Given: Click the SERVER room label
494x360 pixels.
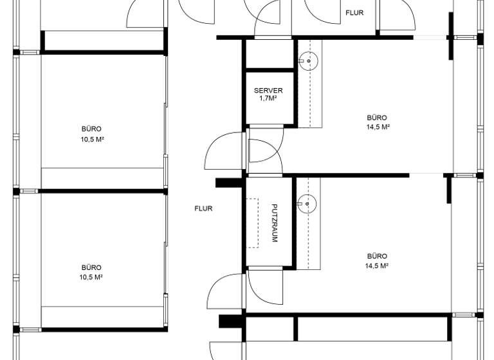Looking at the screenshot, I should [268, 91].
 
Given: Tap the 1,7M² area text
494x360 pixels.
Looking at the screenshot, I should [268, 99].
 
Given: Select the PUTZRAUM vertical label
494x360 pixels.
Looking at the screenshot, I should [275, 223].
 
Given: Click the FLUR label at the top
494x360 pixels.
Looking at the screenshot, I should [355, 13].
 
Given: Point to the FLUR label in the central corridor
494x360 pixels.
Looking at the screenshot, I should [203, 208].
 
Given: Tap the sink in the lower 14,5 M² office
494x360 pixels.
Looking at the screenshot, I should [307, 204].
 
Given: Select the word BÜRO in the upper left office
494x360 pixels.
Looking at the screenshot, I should [91, 129].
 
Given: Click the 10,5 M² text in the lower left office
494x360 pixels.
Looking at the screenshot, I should [91, 277].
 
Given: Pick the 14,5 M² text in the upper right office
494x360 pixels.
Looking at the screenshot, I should [377, 127].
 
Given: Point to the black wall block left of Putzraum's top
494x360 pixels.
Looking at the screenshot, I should [227, 183].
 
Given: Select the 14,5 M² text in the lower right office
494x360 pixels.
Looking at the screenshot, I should [377, 265].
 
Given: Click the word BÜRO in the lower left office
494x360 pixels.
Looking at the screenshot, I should [91, 267].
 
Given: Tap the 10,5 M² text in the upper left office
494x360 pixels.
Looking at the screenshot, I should [91, 139].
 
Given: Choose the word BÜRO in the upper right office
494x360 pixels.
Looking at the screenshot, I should [377, 118].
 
